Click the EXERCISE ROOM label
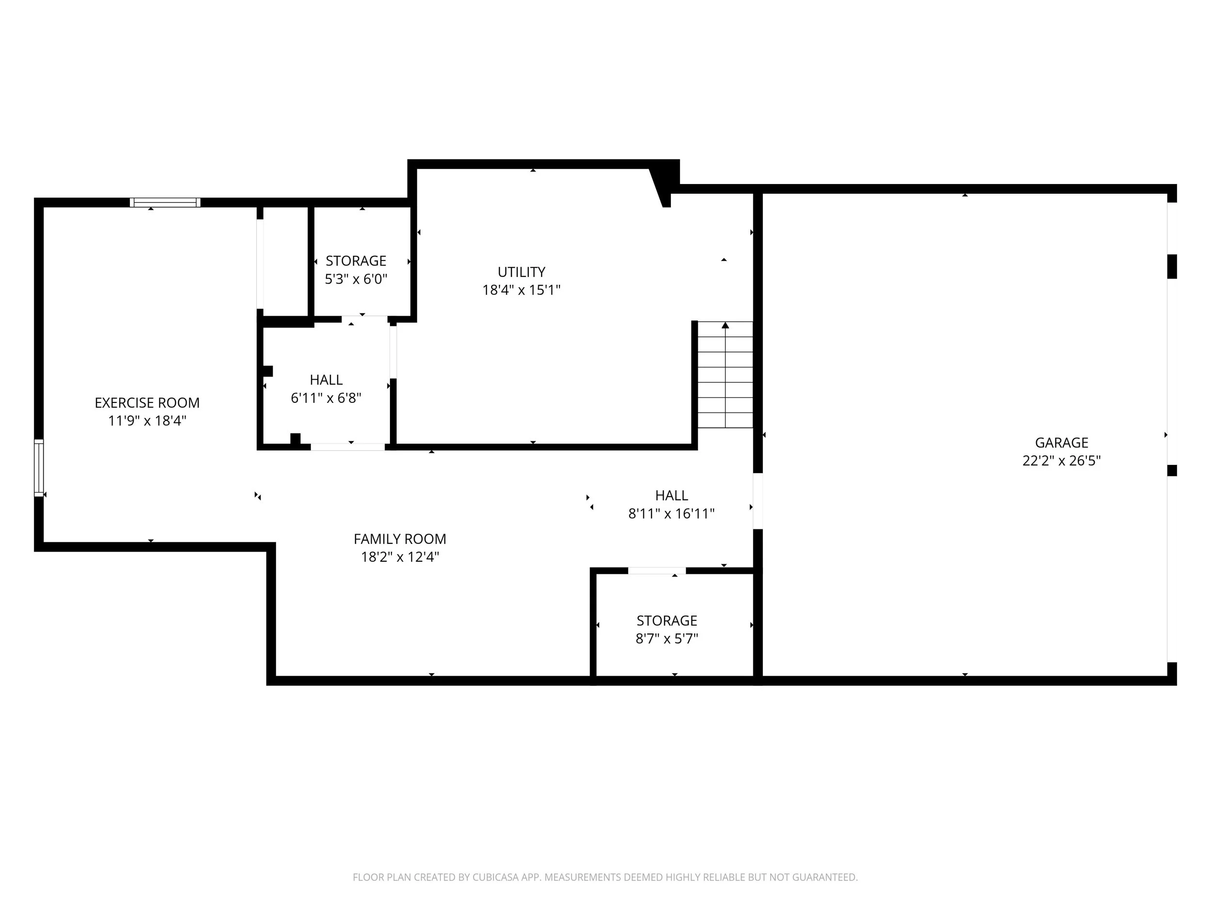[147, 403]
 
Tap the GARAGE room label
[1061, 443]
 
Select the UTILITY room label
[521, 272]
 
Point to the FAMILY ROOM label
[400, 539]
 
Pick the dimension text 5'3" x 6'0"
[356, 279]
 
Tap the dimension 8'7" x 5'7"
[667, 639]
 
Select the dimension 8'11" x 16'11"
[671, 513]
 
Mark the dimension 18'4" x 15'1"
[521, 290]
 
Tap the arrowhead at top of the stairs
[726, 325]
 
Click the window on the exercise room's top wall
[165, 202]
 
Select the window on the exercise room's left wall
[39, 468]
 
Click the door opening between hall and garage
[758, 501]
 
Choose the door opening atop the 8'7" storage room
[657, 571]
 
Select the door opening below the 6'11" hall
[348, 447]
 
